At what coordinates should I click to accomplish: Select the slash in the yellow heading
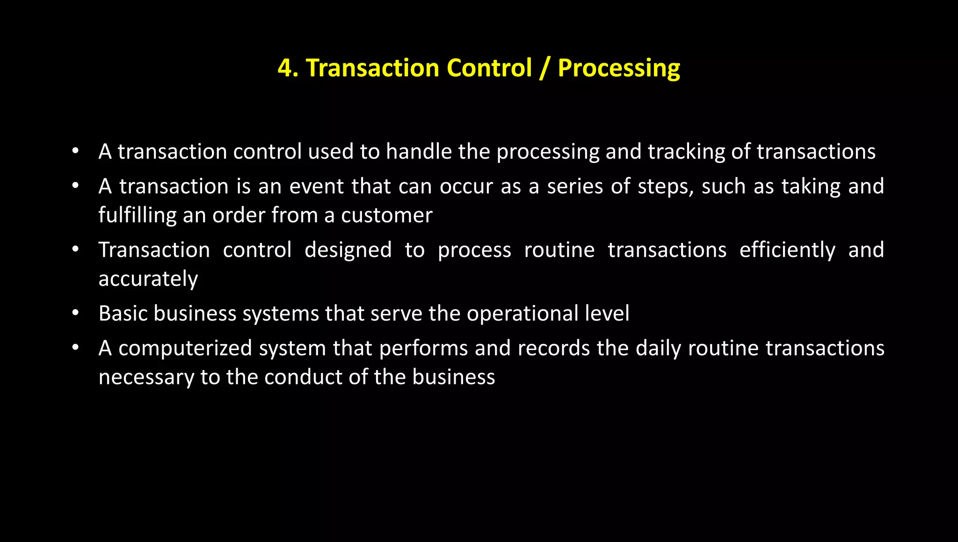coord(544,68)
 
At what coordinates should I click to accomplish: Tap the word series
coord(574,186)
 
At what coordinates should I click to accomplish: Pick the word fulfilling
coord(137,216)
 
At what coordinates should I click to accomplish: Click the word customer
coord(386,216)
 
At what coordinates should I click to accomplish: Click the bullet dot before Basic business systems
coord(75,313)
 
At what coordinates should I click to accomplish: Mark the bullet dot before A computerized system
coord(75,347)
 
